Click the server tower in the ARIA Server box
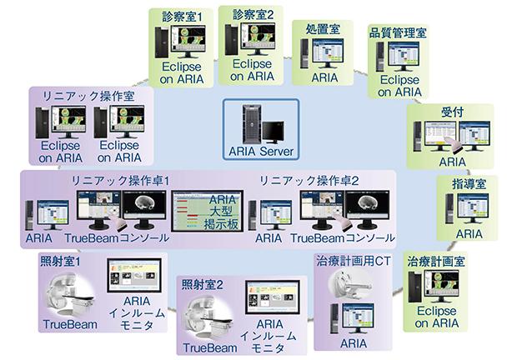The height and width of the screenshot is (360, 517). click(248, 124)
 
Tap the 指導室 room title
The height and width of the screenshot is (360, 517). click(464, 181)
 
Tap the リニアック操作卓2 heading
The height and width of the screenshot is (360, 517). click(300, 180)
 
